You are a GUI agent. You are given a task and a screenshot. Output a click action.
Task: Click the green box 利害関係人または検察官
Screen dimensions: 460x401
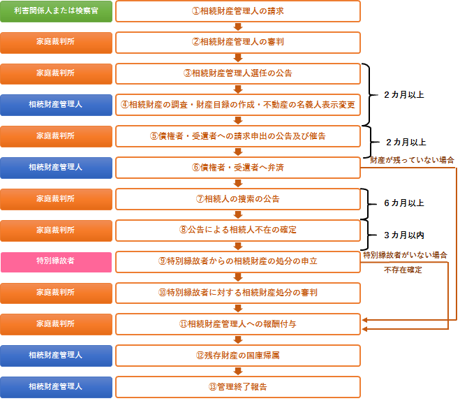(56, 11)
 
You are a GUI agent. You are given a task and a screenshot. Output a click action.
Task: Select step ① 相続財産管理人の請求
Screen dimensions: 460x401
(238, 11)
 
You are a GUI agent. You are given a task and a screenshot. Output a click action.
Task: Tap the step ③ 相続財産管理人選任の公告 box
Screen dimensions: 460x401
(238, 73)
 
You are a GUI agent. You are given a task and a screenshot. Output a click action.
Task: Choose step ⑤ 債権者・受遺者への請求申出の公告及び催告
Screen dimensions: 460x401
(238, 136)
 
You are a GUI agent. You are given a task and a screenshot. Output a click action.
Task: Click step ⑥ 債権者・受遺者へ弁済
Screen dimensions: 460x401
(238, 168)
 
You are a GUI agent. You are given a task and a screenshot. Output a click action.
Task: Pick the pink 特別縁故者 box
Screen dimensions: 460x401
(56, 262)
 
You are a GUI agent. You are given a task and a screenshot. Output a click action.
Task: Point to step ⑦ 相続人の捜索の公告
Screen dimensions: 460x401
(238, 199)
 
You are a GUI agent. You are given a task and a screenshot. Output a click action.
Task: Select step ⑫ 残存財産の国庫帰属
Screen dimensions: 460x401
(238, 356)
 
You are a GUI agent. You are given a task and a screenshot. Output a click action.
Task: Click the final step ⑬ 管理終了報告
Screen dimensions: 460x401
(238, 387)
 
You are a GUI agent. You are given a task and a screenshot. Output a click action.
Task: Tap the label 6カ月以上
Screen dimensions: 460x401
(404, 203)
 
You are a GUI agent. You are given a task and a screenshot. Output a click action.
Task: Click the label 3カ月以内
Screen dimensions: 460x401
(404, 235)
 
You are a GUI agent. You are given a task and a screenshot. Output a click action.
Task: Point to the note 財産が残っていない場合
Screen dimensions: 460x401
(412, 160)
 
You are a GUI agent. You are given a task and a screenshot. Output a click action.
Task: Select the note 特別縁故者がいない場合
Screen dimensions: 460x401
(405, 255)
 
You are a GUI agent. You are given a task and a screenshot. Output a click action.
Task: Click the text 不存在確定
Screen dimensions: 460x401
(403, 270)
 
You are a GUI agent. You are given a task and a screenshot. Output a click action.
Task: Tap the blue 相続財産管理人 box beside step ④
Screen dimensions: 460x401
(56, 105)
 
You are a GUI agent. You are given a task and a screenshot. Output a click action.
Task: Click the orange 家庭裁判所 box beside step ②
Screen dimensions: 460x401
(56, 43)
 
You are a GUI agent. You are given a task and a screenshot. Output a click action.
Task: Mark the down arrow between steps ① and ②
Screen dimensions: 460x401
(238, 27)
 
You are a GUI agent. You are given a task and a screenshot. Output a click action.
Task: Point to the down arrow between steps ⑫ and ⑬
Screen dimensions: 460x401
(238, 372)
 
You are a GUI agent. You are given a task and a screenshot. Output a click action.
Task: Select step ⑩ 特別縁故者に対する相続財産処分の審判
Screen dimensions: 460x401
(238, 293)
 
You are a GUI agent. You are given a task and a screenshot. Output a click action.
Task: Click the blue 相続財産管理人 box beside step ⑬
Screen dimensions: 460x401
(56, 387)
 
